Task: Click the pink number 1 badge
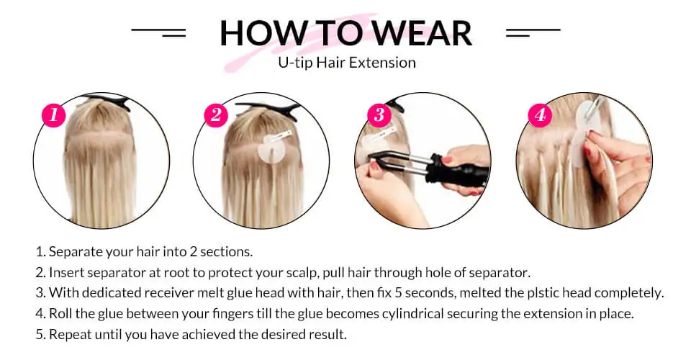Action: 54,114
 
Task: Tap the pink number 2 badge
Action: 216,114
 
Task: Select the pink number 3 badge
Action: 379,114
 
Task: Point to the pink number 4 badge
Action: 540,114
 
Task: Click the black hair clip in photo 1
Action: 108,102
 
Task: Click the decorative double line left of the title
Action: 158,32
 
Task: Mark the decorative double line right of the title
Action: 533,32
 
